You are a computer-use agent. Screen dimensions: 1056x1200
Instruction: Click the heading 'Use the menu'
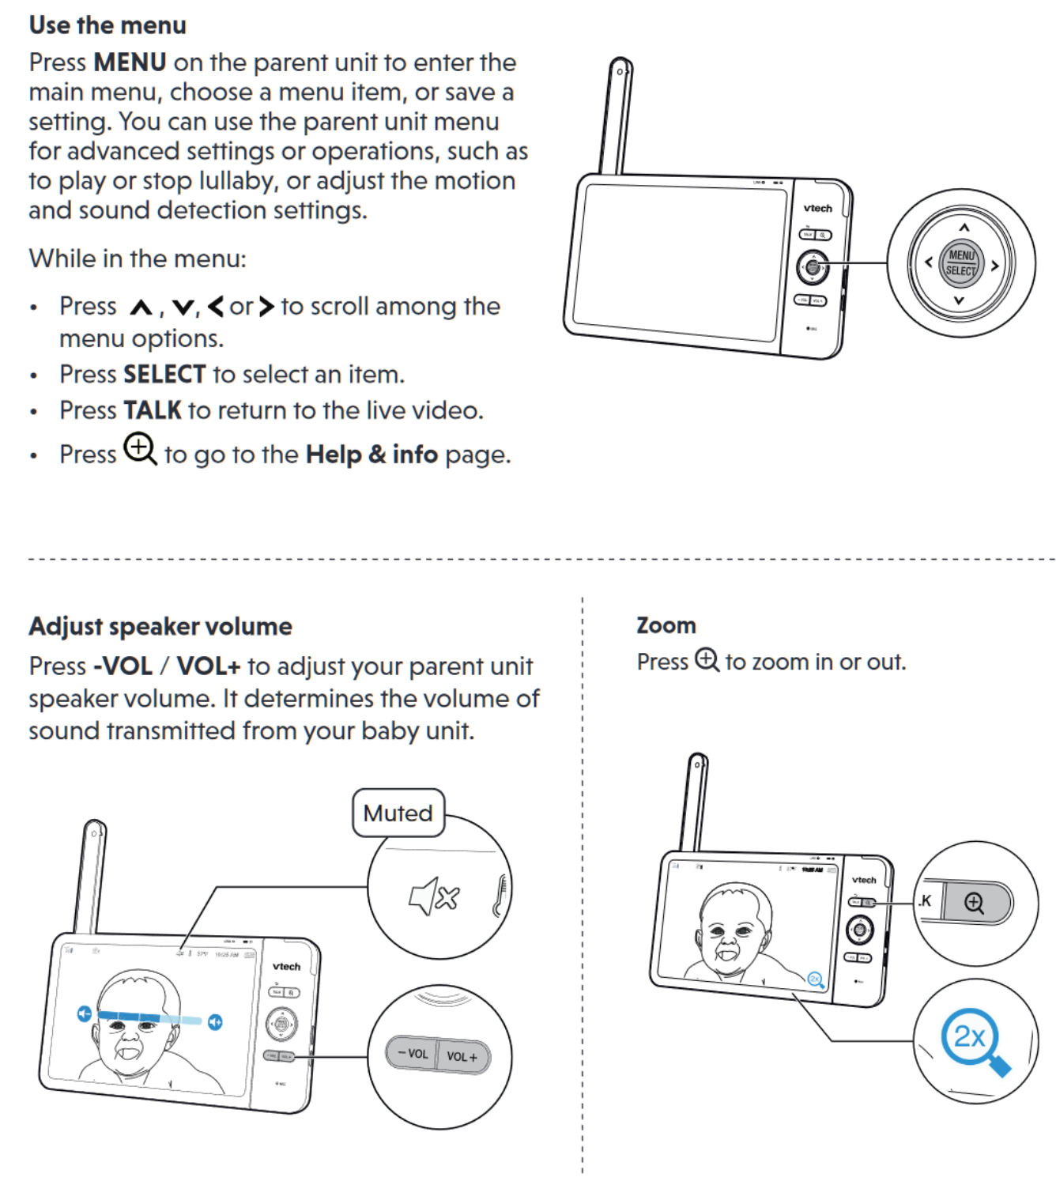[107, 25]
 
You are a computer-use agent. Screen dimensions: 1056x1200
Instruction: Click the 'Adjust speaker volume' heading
[160, 626]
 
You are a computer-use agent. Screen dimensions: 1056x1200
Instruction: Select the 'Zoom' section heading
[666, 625]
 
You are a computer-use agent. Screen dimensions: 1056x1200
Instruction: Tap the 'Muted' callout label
[398, 813]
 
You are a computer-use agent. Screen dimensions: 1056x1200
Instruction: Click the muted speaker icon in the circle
[434, 896]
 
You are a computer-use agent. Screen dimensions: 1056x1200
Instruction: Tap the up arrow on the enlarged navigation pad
[964, 228]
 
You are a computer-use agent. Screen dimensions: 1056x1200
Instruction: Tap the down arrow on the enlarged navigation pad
[959, 300]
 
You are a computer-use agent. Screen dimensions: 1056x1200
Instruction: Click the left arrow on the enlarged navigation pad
[928, 262]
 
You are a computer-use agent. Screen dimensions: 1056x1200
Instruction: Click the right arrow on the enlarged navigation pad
[995, 266]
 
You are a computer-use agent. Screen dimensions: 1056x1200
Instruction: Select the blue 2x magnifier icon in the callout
[973, 1040]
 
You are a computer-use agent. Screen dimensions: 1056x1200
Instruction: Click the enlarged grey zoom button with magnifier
[975, 903]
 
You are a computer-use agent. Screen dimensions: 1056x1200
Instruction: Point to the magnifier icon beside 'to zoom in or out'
[707, 660]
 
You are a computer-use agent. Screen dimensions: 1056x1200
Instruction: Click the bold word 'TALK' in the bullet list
[153, 410]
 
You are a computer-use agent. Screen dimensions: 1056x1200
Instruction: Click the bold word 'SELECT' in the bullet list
[164, 374]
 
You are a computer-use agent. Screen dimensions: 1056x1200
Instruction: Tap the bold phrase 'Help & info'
[371, 455]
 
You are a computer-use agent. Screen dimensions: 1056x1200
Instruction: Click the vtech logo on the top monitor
[817, 209]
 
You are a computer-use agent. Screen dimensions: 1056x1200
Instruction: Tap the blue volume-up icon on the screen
[215, 1022]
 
